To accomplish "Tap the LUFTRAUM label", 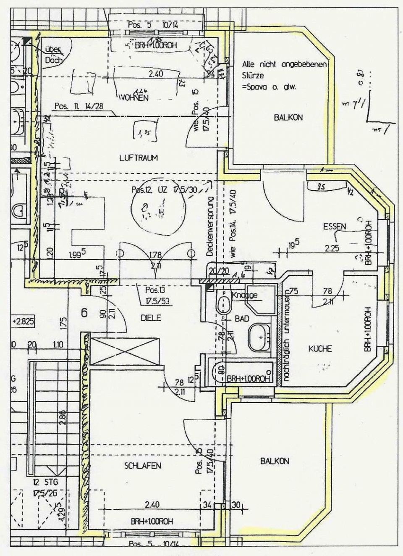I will pyautogui.click(x=139, y=158).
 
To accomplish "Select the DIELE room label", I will pyautogui.click(x=151, y=318).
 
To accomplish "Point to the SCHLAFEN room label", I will pyautogui.click(x=143, y=466).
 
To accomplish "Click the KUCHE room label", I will pyautogui.click(x=320, y=348).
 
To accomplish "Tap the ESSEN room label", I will pyautogui.click(x=335, y=227).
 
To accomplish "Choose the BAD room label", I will pyautogui.click(x=242, y=319).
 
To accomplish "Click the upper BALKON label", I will pyautogui.click(x=288, y=117).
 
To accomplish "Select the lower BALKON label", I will pyautogui.click(x=275, y=461).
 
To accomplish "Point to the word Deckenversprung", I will pyautogui.click(x=210, y=227).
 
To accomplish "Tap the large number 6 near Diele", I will pyautogui.click(x=84, y=313).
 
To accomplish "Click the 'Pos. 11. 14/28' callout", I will pyautogui.click(x=79, y=106).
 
